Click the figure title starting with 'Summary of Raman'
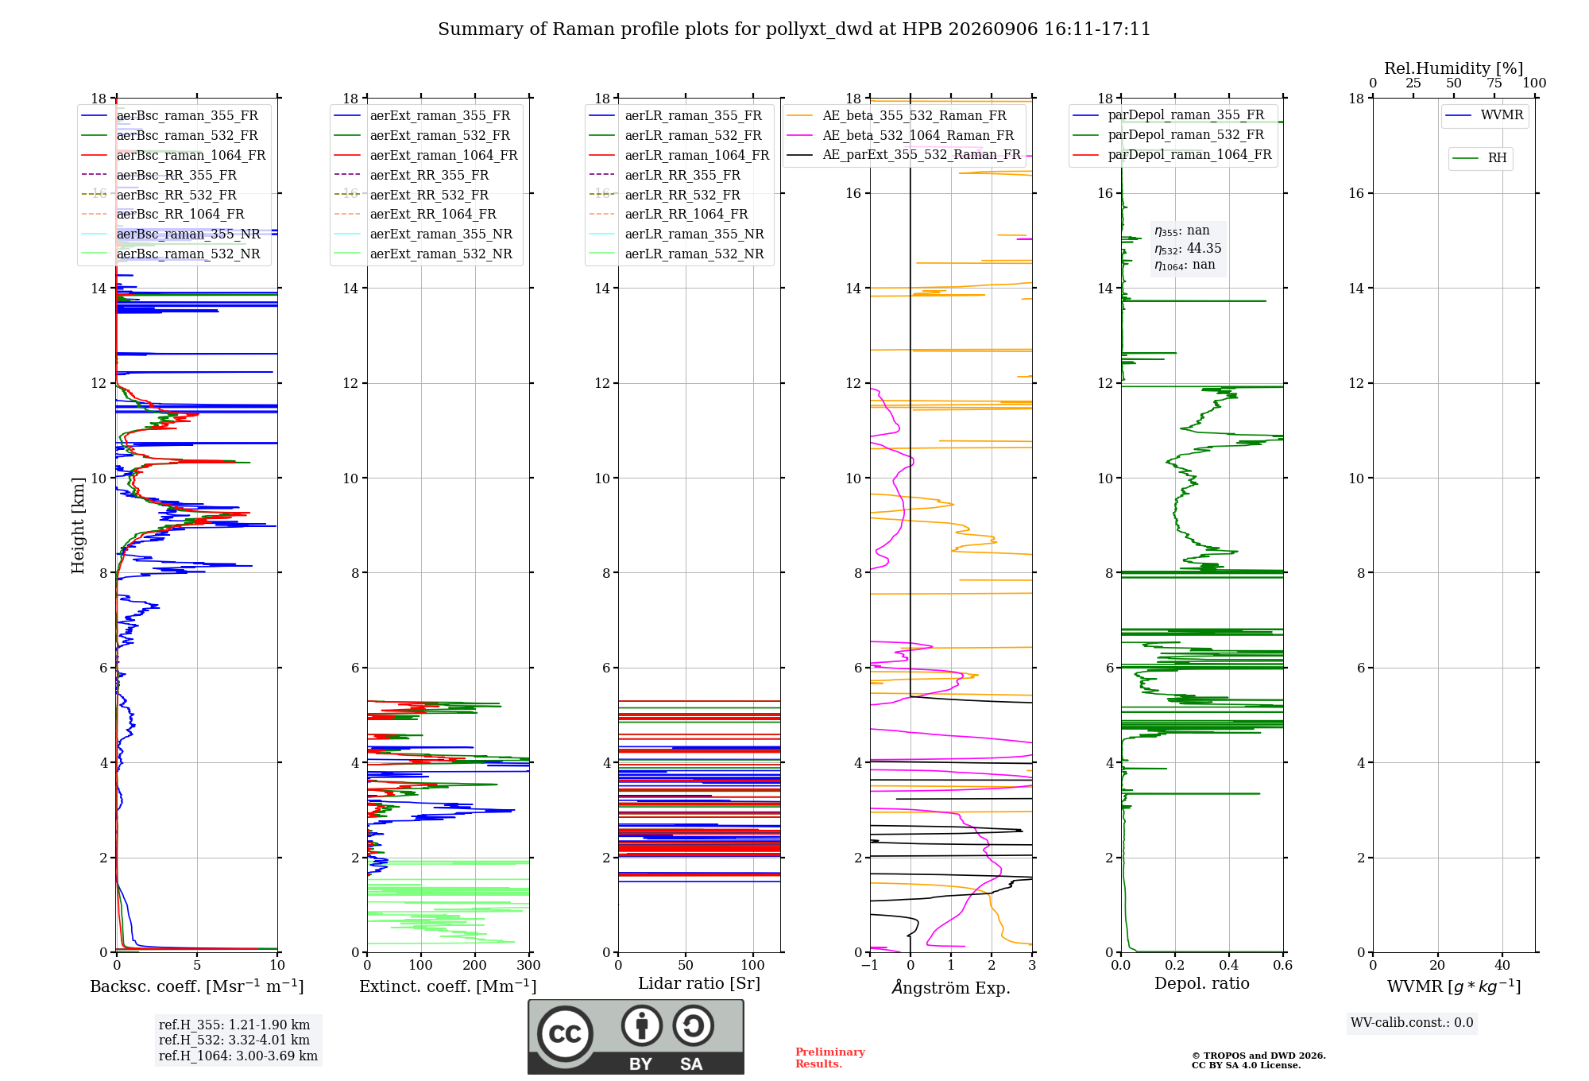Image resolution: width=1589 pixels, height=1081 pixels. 794,29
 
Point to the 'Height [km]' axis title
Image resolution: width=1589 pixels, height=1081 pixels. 78,525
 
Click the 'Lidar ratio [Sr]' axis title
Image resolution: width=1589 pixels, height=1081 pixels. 699,983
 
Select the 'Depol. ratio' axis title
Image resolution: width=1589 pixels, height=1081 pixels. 1201,983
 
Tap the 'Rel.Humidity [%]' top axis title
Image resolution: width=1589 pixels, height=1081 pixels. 1453,68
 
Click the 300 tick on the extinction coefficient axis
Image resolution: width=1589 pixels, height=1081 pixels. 528,965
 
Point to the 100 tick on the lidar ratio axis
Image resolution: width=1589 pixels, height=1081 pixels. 752,965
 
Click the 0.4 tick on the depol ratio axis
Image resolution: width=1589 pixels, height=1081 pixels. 1228,965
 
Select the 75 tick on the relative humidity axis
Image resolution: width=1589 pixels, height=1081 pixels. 1494,83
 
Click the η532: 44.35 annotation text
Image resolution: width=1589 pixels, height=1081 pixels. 1188,249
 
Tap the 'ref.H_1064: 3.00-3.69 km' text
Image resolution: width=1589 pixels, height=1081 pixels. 238,1056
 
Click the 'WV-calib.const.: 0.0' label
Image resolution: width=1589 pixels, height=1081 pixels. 1412,1023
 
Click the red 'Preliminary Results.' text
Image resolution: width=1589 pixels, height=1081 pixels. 830,1058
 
